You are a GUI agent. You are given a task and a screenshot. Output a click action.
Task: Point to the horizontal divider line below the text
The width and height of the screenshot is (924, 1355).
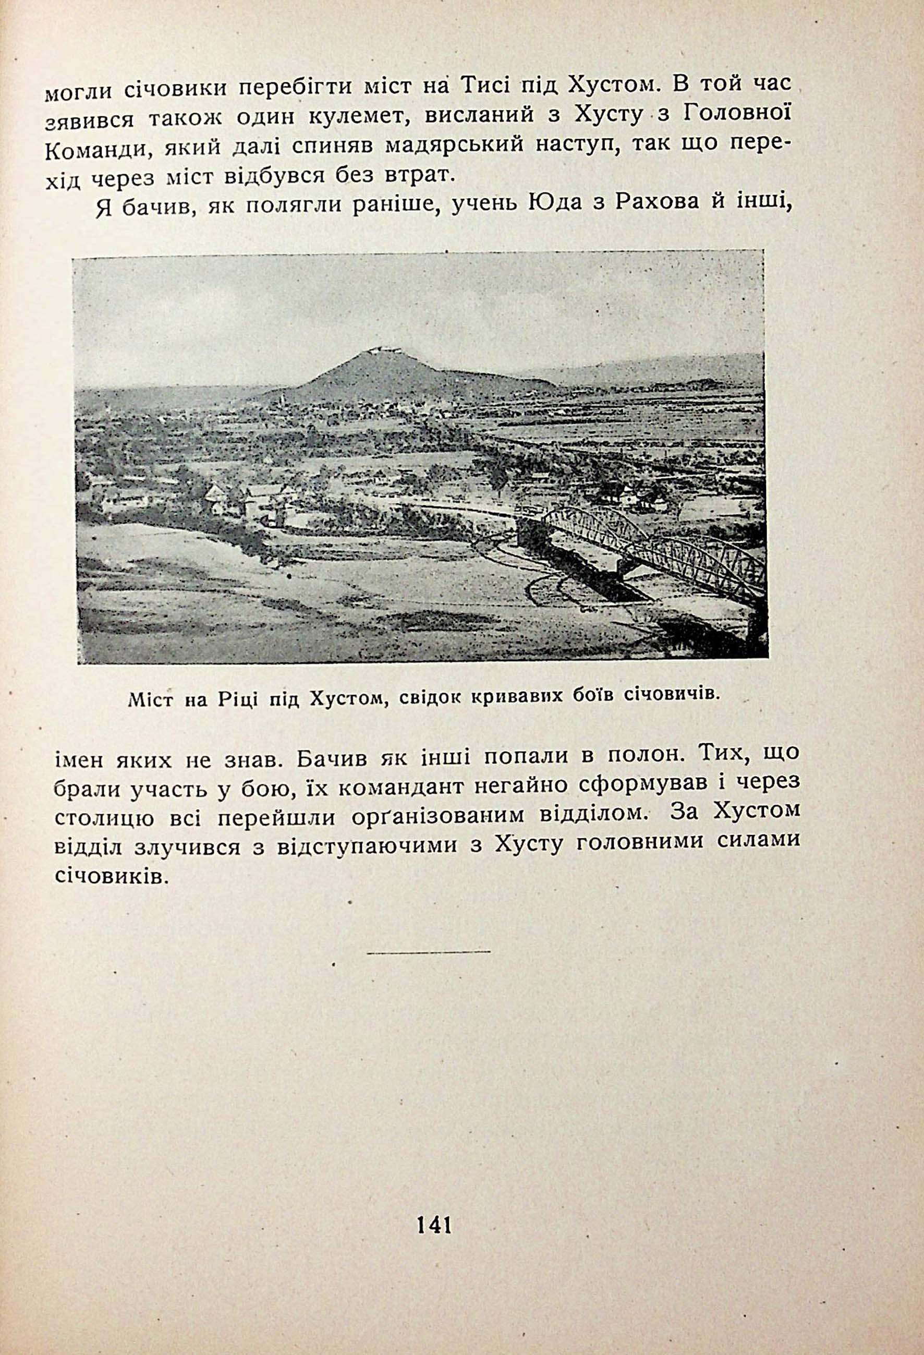tap(429, 952)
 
